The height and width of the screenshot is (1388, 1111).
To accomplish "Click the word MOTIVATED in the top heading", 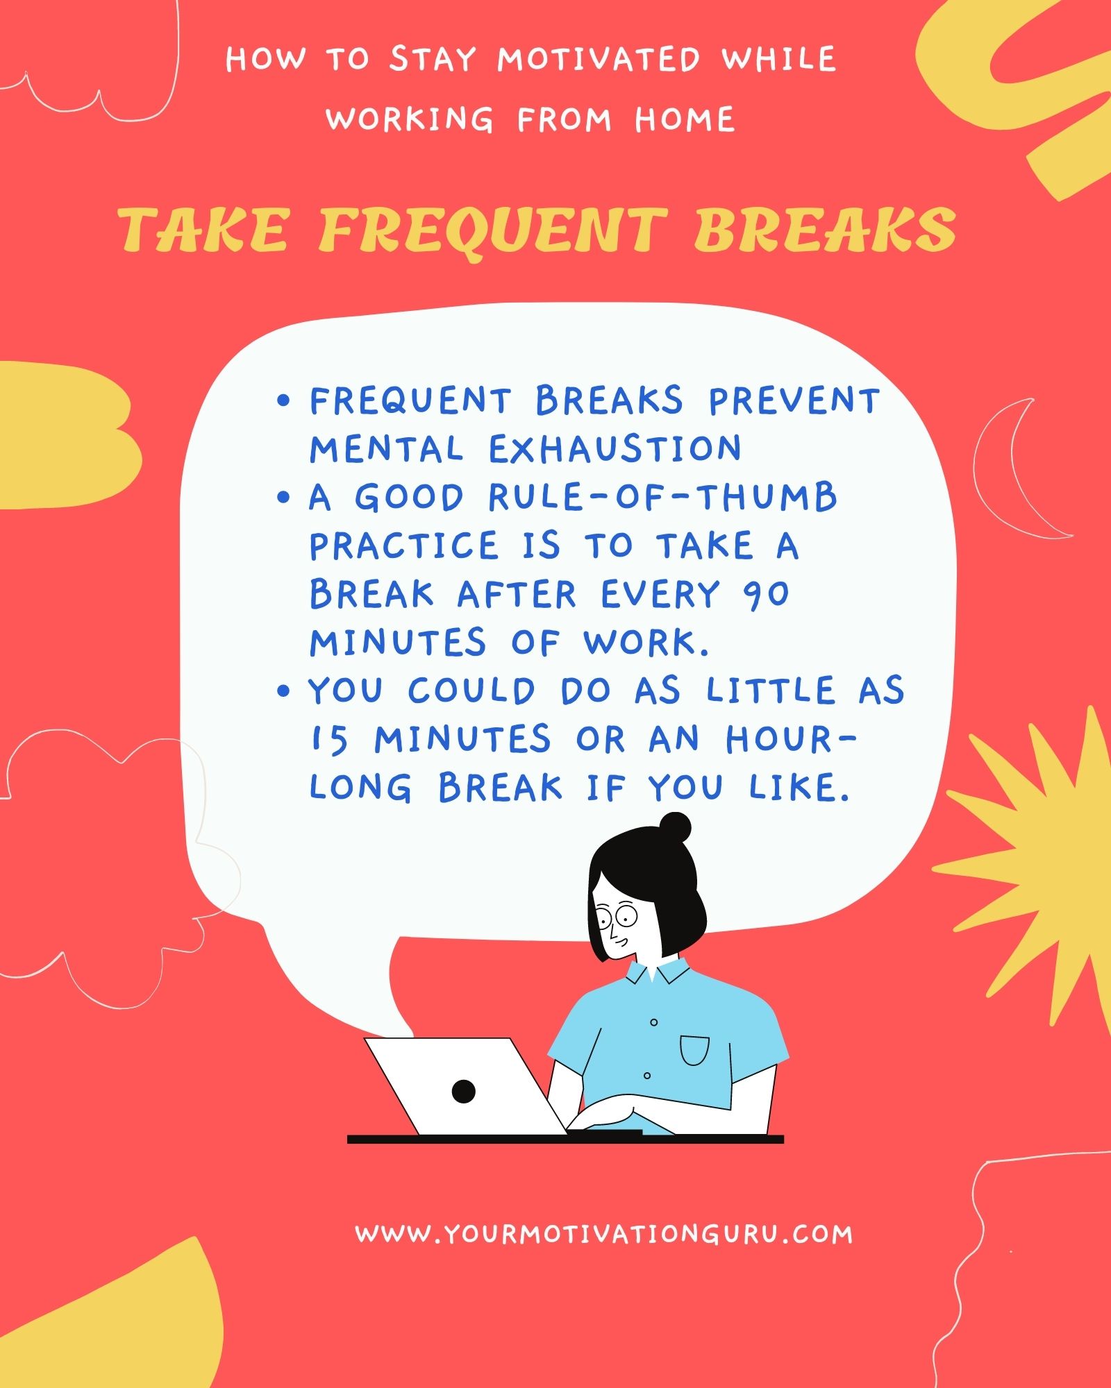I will coord(599,60).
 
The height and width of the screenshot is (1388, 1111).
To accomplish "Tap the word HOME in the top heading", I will coord(685,120).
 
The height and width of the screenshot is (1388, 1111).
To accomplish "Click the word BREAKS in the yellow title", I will coord(824,230).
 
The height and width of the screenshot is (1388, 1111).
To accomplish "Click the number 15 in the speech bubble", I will coord(329,740).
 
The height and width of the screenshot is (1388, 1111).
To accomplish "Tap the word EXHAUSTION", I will coord(615,449).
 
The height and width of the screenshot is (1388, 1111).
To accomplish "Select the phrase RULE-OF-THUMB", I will coord(662,498).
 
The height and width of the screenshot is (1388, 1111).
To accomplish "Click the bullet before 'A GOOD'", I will coord(283,497).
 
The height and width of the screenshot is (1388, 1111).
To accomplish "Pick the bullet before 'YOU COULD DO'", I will coord(283,691).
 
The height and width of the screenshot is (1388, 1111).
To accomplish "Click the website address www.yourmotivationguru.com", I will coord(603,1234).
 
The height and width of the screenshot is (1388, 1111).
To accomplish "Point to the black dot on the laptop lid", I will coord(463,1091).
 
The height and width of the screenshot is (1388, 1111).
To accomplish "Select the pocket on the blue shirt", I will coord(694,1050).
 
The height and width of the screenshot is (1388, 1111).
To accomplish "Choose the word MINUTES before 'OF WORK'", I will coord(398,643).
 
